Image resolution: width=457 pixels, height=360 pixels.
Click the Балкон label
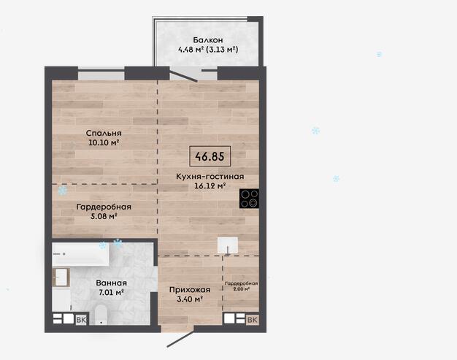208,40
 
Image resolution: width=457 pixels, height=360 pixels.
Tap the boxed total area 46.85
210,156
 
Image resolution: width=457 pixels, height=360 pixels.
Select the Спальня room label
104,133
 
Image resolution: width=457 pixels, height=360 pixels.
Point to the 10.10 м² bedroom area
104,142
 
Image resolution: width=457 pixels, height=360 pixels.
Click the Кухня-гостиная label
210,177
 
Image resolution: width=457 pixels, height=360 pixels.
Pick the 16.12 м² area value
210,185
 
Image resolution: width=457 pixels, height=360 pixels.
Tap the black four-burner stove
249,199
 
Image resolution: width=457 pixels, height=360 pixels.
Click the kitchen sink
227,245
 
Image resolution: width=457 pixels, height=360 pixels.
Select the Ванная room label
112,283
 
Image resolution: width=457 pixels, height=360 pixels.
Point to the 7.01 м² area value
112,292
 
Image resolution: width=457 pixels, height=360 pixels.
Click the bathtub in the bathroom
80,254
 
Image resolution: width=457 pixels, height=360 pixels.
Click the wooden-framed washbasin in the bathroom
61,277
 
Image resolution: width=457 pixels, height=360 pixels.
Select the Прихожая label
190,290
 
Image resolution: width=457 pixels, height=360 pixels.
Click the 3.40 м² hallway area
190,299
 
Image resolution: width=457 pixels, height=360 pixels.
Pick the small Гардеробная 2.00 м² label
242,286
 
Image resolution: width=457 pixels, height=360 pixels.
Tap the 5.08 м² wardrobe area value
104,216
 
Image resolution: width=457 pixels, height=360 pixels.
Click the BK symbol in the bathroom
81,320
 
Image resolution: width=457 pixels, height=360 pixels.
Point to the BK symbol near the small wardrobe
253,320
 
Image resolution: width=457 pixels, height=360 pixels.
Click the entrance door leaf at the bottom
180,339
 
